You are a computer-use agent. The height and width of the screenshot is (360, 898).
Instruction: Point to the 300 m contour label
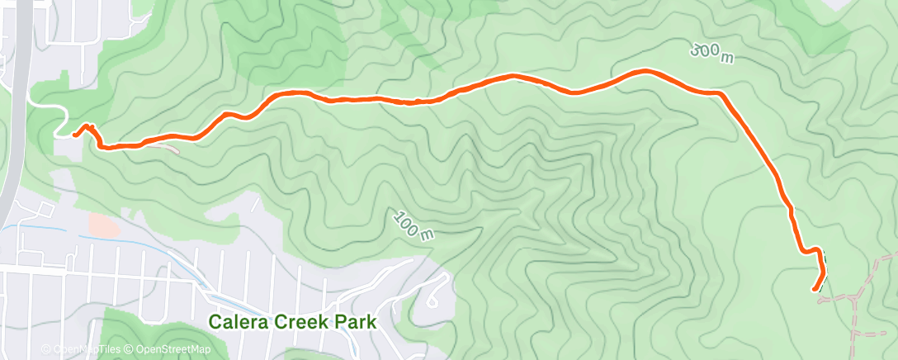click(711, 53)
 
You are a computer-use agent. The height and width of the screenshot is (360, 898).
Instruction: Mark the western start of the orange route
click(74, 134)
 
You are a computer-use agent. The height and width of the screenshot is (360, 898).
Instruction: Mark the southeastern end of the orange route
click(815, 289)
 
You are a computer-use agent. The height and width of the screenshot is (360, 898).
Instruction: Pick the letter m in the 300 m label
click(726, 58)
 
